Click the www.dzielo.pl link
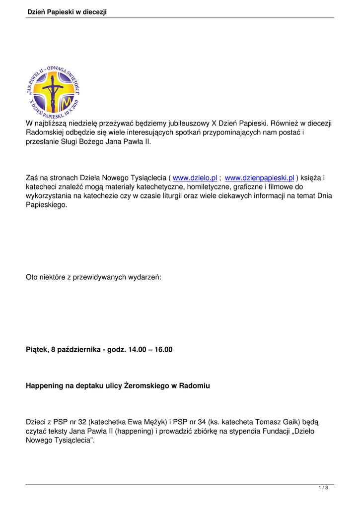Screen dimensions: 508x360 coord(195,178)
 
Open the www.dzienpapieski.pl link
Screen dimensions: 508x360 coord(260,178)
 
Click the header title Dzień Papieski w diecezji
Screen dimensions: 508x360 coord(67,12)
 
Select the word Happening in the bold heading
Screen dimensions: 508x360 coord(44,385)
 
